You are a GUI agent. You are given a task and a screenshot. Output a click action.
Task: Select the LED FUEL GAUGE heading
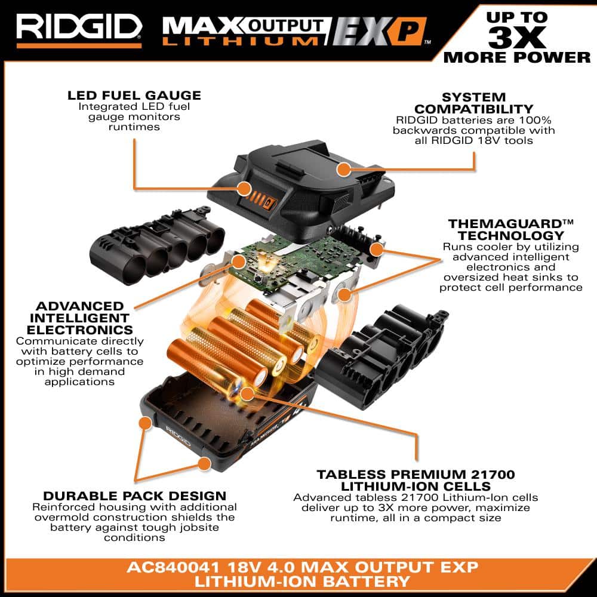click(x=134, y=96)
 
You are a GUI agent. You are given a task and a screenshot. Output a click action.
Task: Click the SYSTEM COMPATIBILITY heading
click(x=474, y=103)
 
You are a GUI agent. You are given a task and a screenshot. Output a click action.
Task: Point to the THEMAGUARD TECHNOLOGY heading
click(x=510, y=229)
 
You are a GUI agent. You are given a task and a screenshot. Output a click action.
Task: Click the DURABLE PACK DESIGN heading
click(x=134, y=496)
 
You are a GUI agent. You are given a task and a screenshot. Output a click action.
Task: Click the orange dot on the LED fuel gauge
click(x=244, y=188)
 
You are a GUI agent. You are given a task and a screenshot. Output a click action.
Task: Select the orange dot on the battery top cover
click(x=343, y=169)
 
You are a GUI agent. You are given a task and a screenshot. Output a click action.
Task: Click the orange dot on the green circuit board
click(x=239, y=261)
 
